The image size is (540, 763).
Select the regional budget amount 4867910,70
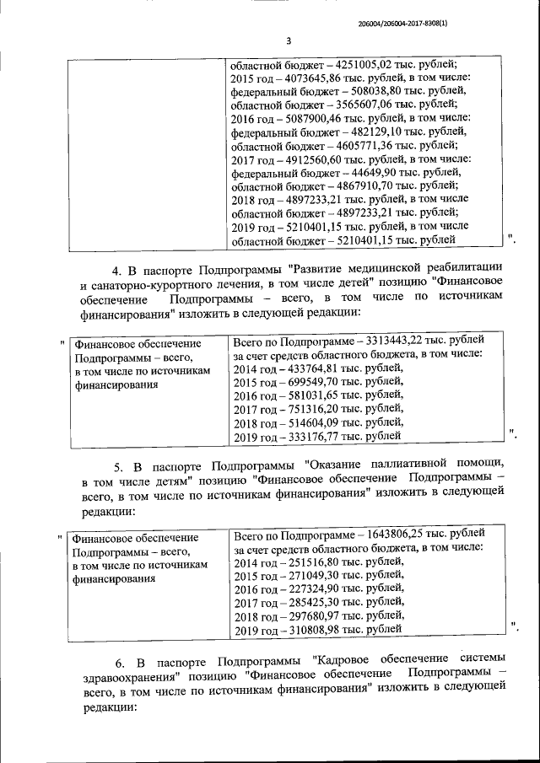point(366,185)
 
